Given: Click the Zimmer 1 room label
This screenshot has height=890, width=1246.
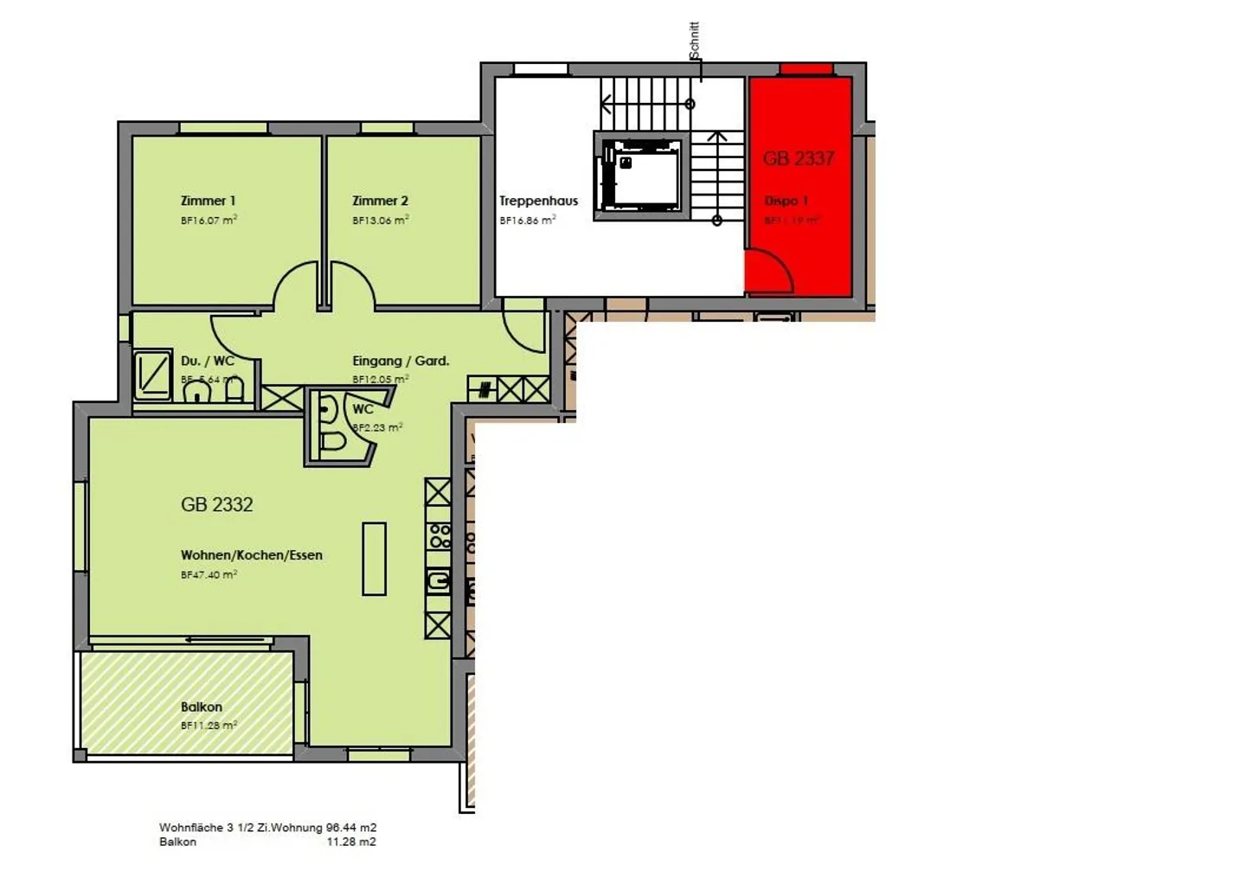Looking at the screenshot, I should [x=208, y=201].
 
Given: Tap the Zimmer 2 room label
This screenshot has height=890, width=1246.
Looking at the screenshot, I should [x=380, y=201].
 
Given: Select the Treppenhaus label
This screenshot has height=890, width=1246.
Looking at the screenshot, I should [x=538, y=201].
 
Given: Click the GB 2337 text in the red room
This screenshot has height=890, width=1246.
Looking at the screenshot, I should [x=798, y=158].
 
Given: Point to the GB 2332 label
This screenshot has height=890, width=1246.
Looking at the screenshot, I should [x=216, y=504].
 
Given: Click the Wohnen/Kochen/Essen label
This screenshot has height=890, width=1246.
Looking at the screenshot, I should [x=251, y=555].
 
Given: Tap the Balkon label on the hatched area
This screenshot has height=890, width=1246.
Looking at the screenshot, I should [x=201, y=707].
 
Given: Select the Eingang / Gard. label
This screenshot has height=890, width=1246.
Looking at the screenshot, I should [x=401, y=361].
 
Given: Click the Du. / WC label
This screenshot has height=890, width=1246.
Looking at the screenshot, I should [x=207, y=361].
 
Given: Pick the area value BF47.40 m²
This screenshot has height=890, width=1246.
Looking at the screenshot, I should [x=209, y=574].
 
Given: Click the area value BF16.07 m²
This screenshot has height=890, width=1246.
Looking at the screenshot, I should [x=209, y=221].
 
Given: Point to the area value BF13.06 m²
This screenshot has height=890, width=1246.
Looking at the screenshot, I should [x=380, y=221].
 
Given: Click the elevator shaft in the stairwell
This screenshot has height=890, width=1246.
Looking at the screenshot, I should [x=641, y=176].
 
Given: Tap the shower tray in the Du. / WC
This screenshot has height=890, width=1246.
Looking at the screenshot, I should [x=152, y=374].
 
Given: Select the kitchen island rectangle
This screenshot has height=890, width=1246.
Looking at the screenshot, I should [x=374, y=559].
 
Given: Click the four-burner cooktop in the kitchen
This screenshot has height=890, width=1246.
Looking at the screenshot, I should [x=440, y=536].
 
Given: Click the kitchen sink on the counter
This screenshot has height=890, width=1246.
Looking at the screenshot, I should [x=439, y=580].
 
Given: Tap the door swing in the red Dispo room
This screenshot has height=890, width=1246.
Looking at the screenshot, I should [x=770, y=271].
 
